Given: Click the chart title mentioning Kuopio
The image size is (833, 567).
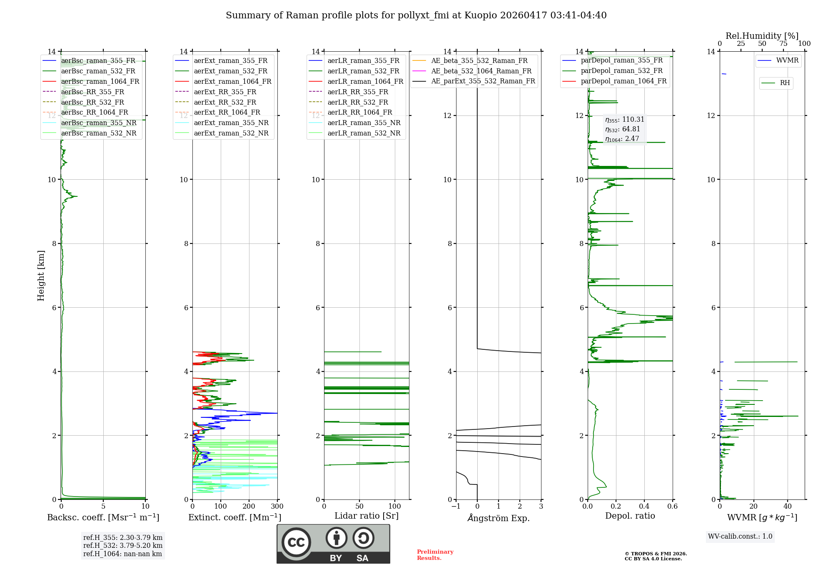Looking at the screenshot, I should (x=416, y=15).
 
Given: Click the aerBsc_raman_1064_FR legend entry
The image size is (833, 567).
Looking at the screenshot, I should (x=100, y=82).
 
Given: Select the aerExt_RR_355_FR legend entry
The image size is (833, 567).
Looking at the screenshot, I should (x=225, y=92).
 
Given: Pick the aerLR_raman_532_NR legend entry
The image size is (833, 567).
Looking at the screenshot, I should (x=364, y=133).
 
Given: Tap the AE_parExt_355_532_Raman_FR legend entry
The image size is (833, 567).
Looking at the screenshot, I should (x=483, y=81).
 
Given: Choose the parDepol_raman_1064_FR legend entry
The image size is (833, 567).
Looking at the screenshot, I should (x=624, y=81).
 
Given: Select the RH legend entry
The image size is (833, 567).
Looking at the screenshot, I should (x=785, y=83).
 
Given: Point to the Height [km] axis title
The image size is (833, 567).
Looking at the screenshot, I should (x=41, y=276).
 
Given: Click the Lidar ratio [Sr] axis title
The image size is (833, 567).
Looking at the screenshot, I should (x=367, y=516).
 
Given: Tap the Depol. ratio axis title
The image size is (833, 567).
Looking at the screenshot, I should (x=630, y=516).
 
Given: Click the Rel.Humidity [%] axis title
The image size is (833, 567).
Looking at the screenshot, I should (x=762, y=36).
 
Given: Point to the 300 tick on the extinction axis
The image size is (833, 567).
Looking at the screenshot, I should (x=277, y=507).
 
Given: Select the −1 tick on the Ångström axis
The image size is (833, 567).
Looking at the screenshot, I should (x=456, y=507).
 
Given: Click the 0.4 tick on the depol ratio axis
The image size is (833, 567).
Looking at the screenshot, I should (x=644, y=507).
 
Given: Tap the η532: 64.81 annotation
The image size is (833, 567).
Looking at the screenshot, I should (x=622, y=129).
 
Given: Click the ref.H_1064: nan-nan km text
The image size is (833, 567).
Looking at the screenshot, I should (x=122, y=554).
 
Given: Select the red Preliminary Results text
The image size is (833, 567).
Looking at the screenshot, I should (x=435, y=555).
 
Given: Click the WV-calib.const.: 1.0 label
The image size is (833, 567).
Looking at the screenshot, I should (x=740, y=537).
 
